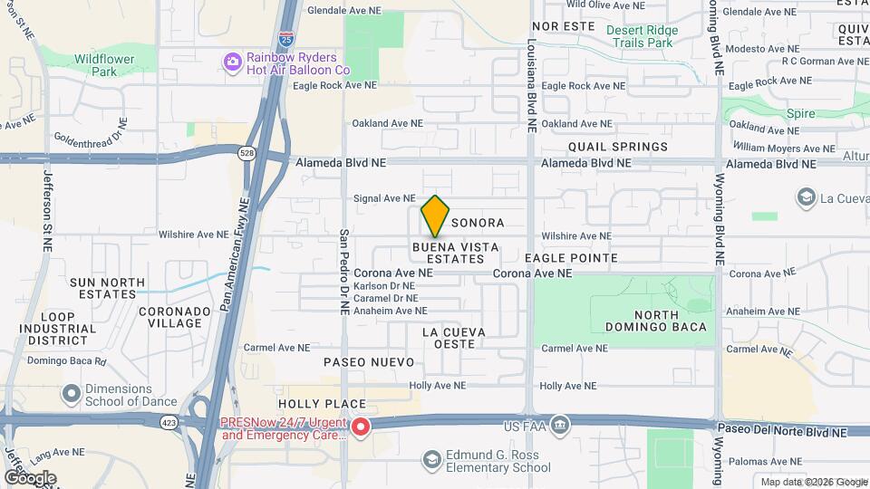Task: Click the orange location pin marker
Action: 436,216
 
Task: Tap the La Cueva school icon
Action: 805,197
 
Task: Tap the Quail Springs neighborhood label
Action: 618,146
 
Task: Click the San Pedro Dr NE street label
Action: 344,272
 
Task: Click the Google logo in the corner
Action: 30,477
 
